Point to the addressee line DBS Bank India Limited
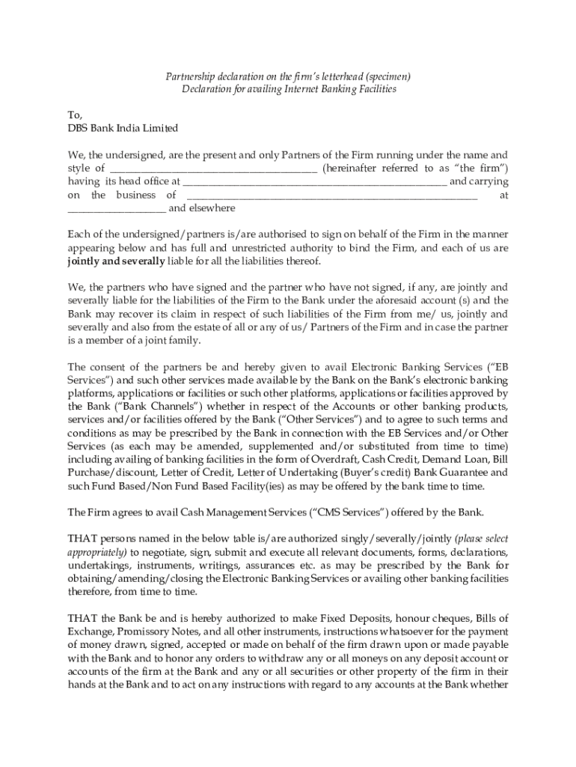pyautogui.click(x=123, y=129)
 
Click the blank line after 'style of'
pyautogui.click(x=212, y=169)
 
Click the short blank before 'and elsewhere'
pyautogui.click(x=117, y=208)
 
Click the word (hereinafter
pyautogui.click(x=351, y=168)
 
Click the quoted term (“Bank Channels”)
pyautogui.click(x=136, y=407)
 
